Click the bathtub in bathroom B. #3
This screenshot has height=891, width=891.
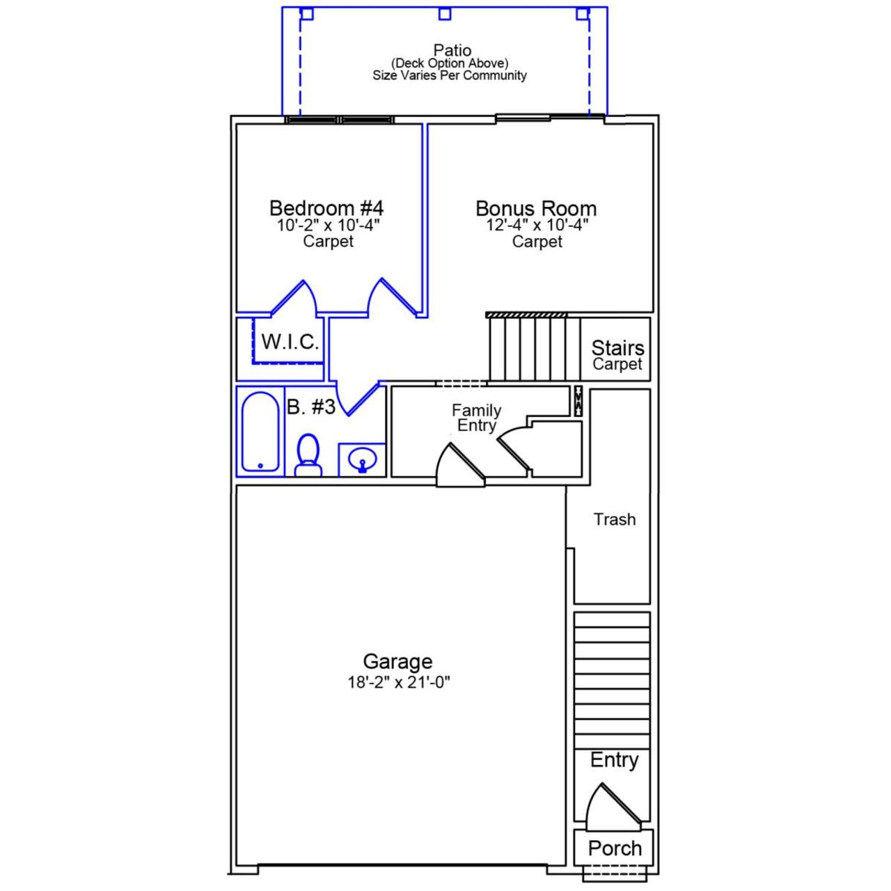(260, 432)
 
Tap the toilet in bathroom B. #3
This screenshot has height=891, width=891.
(308, 455)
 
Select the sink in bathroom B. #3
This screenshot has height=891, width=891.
(362, 460)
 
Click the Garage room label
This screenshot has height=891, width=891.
(397, 661)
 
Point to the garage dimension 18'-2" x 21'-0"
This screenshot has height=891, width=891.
(398, 682)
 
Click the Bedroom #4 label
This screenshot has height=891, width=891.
(326, 208)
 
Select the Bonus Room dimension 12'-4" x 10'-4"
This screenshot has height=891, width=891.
(537, 225)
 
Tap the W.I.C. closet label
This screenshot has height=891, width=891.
(290, 342)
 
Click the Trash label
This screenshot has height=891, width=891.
(614, 519)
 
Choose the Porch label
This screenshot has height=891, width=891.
(614, 848)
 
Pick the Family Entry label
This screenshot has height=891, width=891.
(476, 418)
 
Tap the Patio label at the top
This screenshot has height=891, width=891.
(452, 50)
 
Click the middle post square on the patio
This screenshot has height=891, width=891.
(445, 14)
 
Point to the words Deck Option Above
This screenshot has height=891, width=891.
(450, 63)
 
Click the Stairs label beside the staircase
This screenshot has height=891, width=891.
(617, 347)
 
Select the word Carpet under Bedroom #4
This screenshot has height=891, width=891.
(328, 242)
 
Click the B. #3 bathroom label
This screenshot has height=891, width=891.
(311, 407)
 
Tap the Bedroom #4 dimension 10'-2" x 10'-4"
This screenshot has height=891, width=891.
(328, 226)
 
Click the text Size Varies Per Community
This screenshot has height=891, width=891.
(450, 75)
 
